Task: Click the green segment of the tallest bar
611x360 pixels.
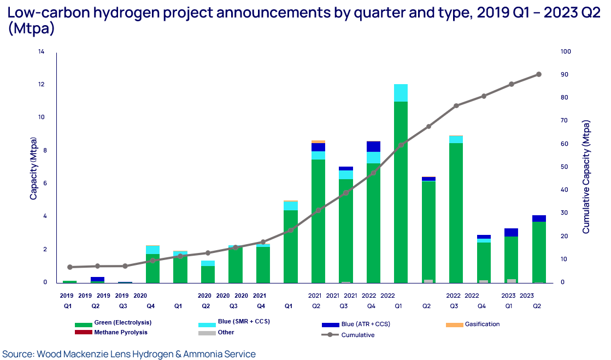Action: click(x=401, y=191)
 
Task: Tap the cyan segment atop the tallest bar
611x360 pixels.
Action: click(x=401, y=93)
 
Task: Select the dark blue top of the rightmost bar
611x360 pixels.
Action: click(x=539, y=218)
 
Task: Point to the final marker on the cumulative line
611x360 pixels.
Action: click(x=539, y=74)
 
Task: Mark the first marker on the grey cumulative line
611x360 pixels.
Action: click(x=69, y=267)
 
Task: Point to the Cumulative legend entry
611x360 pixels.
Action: click(x=357, y=335)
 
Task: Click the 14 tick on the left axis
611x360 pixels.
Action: click(x=42, y=52)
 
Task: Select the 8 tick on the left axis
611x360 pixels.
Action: click(x=43, y=151)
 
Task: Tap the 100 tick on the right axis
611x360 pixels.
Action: click(x=566, y=52)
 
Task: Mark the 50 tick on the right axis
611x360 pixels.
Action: click(x=564, y=167)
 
